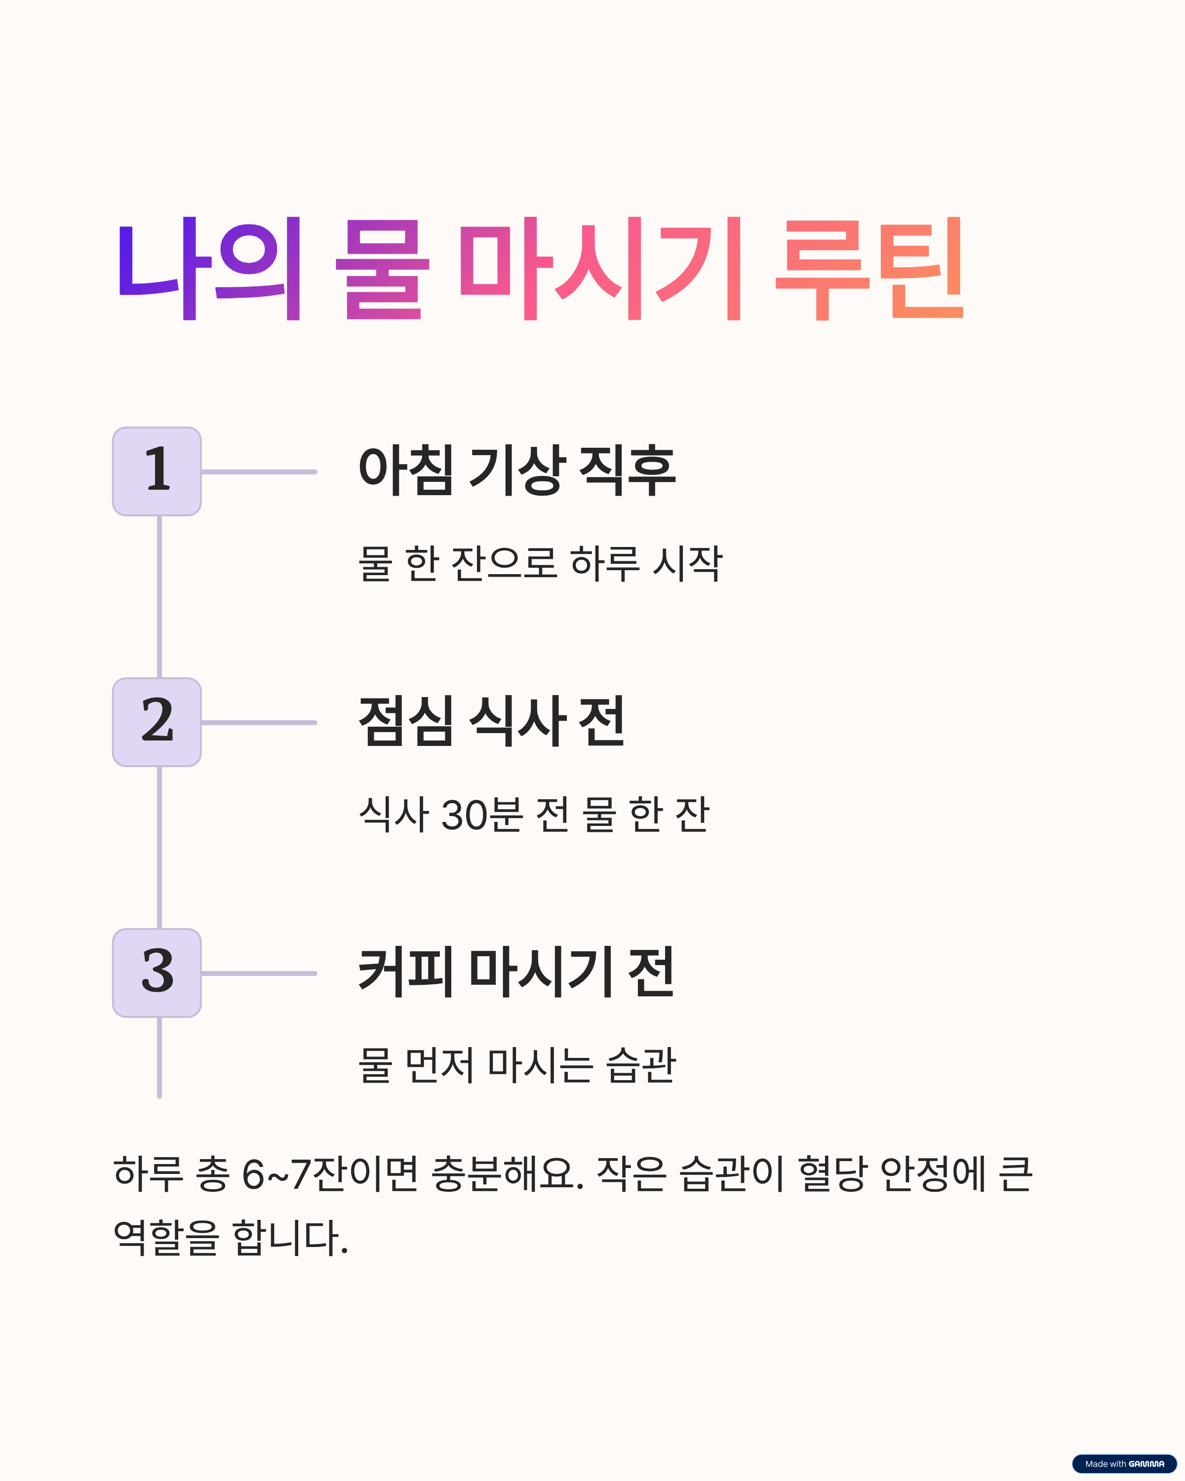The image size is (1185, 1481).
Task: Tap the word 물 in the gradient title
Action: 382,269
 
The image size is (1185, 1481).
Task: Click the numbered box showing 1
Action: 157,471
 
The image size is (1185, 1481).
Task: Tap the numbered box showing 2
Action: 157,722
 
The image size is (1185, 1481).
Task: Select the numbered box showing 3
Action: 157,973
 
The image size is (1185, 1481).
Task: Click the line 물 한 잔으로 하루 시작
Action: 540,563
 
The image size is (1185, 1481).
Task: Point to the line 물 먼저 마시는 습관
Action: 516,1065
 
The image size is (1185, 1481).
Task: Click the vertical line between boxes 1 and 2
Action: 159,596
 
